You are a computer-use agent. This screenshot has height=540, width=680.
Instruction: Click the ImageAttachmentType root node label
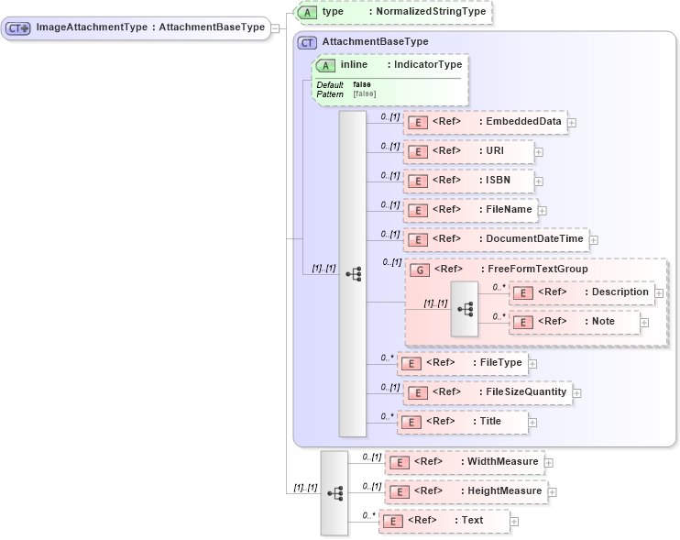click(x=149, y=28)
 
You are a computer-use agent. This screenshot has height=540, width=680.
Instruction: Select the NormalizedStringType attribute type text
click(x=427, y=12)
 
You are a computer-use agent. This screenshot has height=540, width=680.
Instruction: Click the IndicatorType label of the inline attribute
click(x=424, y=65)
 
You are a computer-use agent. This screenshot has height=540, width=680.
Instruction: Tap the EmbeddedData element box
click(x=485, y=122)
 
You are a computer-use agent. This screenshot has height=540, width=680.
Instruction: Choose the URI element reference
click(x=467, y=151)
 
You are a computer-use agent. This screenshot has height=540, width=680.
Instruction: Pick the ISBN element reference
click(x=468, y=181)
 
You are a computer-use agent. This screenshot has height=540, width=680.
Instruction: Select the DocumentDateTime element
click(x=495, y=239)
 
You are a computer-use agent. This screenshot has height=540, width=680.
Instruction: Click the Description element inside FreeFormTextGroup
click(x=581, y=292)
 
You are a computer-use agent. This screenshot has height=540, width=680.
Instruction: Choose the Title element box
click(x=464, y=422)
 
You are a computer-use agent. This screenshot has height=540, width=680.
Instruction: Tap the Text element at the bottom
click(x=444, y=521)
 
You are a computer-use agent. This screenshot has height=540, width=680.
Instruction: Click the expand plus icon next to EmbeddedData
click(x=572, y=122)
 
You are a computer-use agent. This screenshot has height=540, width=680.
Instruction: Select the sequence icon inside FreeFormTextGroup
click(x=465, y=310)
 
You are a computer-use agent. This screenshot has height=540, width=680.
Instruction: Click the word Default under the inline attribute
click(x=329, y=85)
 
